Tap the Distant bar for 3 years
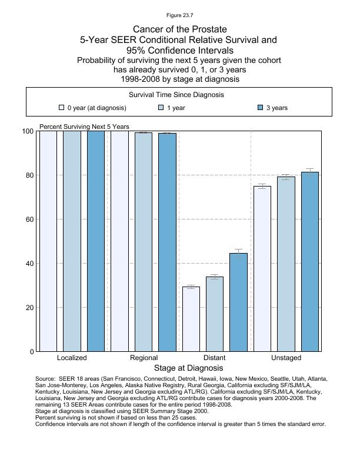238,302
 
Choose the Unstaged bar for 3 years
309,262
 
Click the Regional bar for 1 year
143,242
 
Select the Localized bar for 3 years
95,241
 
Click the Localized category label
72,358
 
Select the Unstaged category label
286,358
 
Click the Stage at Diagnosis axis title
180,368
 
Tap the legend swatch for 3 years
261,108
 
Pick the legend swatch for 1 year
162,108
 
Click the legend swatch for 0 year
62,108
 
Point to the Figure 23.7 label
180,15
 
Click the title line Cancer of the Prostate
180,29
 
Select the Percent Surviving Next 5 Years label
84,127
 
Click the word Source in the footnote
45,379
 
